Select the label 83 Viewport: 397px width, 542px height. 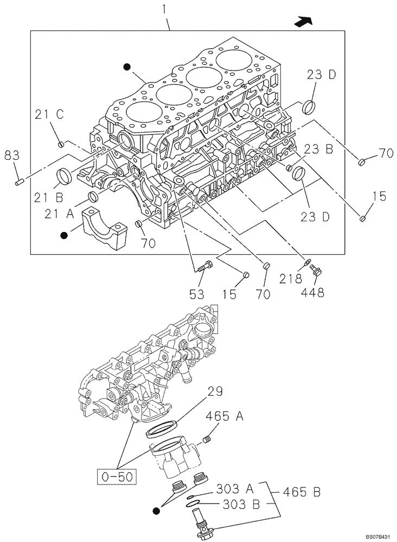pos(12,156)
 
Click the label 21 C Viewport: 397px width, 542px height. pos(50,114)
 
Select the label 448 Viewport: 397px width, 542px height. pos(313,293)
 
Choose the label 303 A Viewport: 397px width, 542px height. pos(235,489)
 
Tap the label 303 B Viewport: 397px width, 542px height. pos(235,505)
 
